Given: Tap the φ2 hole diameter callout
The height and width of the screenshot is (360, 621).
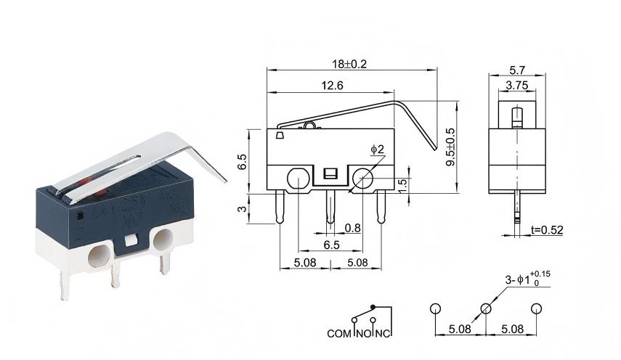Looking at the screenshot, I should click(378, 150).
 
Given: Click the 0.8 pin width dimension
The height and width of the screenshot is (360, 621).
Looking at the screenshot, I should click(353, 228).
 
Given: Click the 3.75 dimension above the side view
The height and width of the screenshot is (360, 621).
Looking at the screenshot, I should click(516, 86).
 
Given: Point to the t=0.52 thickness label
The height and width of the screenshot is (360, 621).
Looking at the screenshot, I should click(547, 230).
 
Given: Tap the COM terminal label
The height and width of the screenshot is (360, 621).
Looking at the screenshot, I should click(339, 334).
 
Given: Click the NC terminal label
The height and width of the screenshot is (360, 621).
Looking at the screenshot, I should click(383, 334).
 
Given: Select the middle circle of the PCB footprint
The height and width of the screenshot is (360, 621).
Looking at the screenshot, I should click(486, 308).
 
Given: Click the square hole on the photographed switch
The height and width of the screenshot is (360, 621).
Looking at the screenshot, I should click(131, 240).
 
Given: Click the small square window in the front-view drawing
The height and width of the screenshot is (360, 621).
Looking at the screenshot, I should click(329, 173).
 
